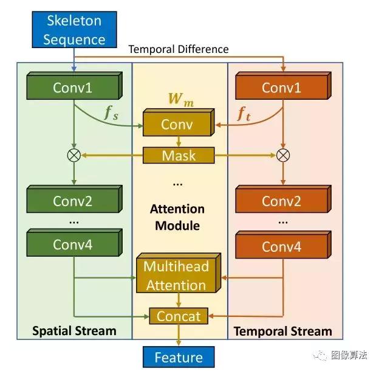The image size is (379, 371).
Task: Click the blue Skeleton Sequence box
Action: [x=74, y=30]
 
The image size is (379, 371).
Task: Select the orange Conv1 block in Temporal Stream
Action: [x=281, y=88]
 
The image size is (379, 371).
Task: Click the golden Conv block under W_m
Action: [x=177, y=125]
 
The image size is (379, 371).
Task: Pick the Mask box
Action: [x=179, y=155]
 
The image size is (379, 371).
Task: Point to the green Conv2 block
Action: [x=73, y=201]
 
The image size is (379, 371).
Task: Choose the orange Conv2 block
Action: [x=281, y=201]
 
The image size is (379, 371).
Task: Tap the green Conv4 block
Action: [x=73, y=244]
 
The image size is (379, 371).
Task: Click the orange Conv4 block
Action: [x=281, y=246]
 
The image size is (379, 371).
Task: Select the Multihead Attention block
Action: [x=176, y=276]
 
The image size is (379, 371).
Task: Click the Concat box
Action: [x=179, y=316]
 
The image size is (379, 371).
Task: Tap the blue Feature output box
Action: [x=178, y=356]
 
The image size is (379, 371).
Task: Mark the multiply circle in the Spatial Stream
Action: [x=73, y=155]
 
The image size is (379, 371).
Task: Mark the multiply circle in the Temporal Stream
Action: [x=282, y=155]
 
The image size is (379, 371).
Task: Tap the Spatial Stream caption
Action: [x=75, y=331]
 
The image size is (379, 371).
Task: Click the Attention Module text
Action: [x=177, y=217]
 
